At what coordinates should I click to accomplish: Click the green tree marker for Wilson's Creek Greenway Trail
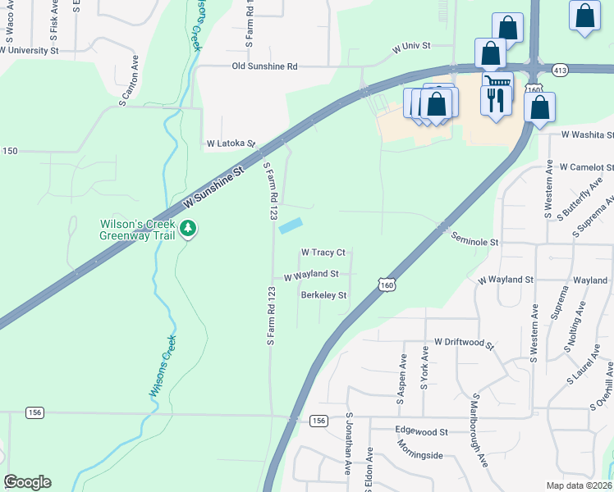click(189, 227)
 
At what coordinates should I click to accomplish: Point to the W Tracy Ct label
click(323, 253)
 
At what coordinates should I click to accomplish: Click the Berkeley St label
click(323, 295)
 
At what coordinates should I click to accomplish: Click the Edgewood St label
click(421, 431)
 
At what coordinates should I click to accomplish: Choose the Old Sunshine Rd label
click(264, 66)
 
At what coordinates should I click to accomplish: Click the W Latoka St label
click(231, 143)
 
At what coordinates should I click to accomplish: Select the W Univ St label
click(411, 48)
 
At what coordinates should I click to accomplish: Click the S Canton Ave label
click(130, 81)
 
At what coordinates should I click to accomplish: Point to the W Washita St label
click(588, 134)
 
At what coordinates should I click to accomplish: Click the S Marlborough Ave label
click(479, 430)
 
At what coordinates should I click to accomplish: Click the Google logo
click(27, 482)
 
